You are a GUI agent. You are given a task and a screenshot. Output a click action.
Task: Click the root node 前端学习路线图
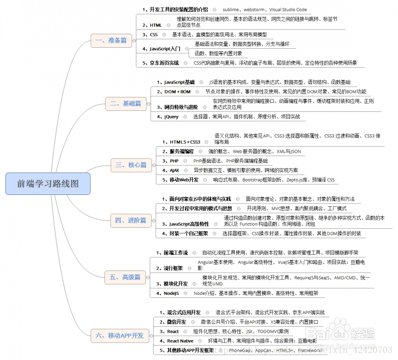(x=48, y=183)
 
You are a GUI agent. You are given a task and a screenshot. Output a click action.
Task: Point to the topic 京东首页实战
(x=164, y=63)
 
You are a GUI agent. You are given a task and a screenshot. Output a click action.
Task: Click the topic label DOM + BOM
(x=177, y=91)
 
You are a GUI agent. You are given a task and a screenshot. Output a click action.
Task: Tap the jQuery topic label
(x=171, y=117)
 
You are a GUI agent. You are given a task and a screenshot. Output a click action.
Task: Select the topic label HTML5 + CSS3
(x=185, y=142)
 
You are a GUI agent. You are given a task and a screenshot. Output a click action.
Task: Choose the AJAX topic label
(x=175, y=170)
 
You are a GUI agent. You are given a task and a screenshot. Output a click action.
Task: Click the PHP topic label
(x=174, y=161)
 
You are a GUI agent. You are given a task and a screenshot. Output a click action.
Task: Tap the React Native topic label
(x=181, y=341)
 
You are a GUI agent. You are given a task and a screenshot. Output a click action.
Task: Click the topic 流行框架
(x=173, y=268)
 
